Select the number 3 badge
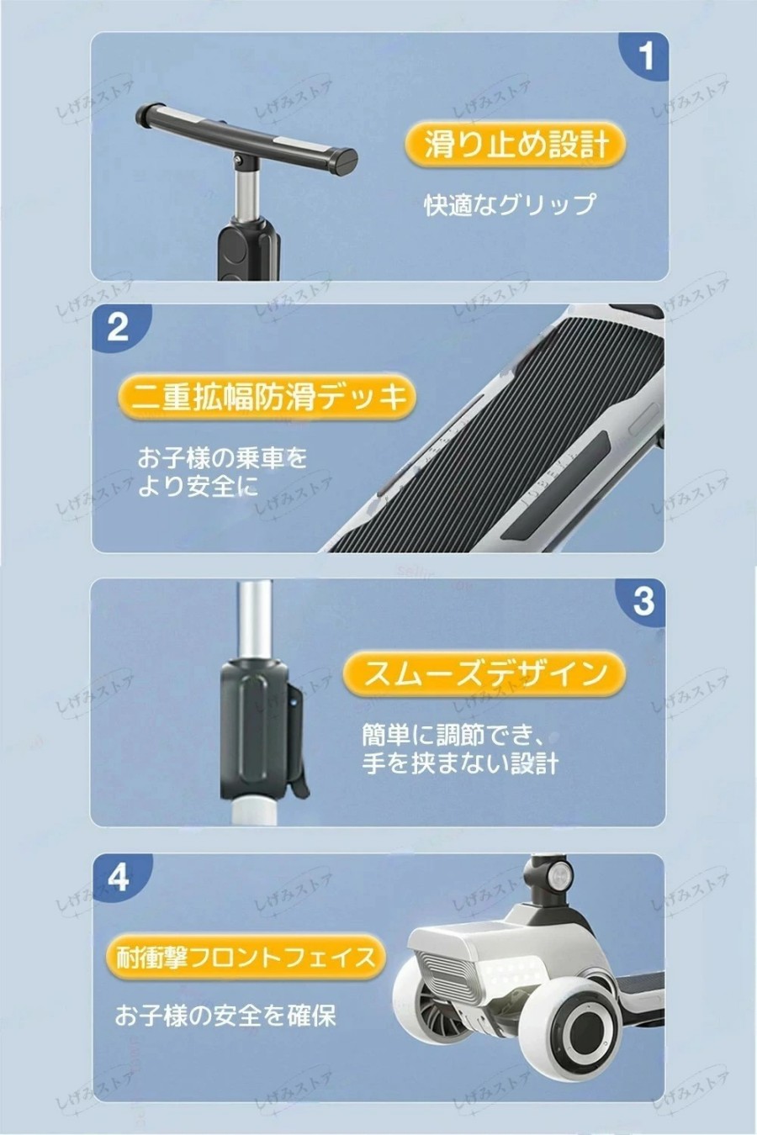pos(642,602)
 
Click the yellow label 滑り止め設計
pos(516,144)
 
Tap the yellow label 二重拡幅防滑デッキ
pos(267,396)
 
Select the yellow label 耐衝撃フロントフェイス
pos(246,957)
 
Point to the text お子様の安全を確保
pos(225,1016)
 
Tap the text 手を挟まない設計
pos(460,763)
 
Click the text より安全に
pos(198,486)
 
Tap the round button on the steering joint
pos(559,876)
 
